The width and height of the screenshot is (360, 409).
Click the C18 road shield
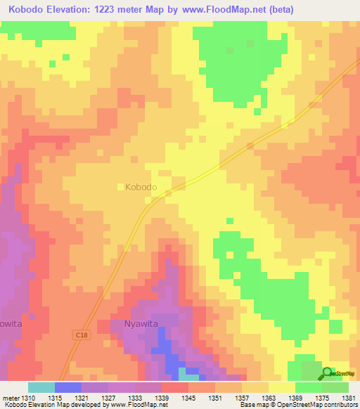click(x=82, y=337)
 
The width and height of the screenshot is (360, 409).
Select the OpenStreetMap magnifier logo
click(x=328, y=374)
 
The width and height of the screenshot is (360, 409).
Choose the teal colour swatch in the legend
click(x=41, y=387)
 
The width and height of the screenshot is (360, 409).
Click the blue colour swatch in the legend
click(x=67, y=387)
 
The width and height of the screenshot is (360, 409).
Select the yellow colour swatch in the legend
click(x=281, y=387)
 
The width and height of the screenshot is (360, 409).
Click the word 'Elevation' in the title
click(x=70, y=9)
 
